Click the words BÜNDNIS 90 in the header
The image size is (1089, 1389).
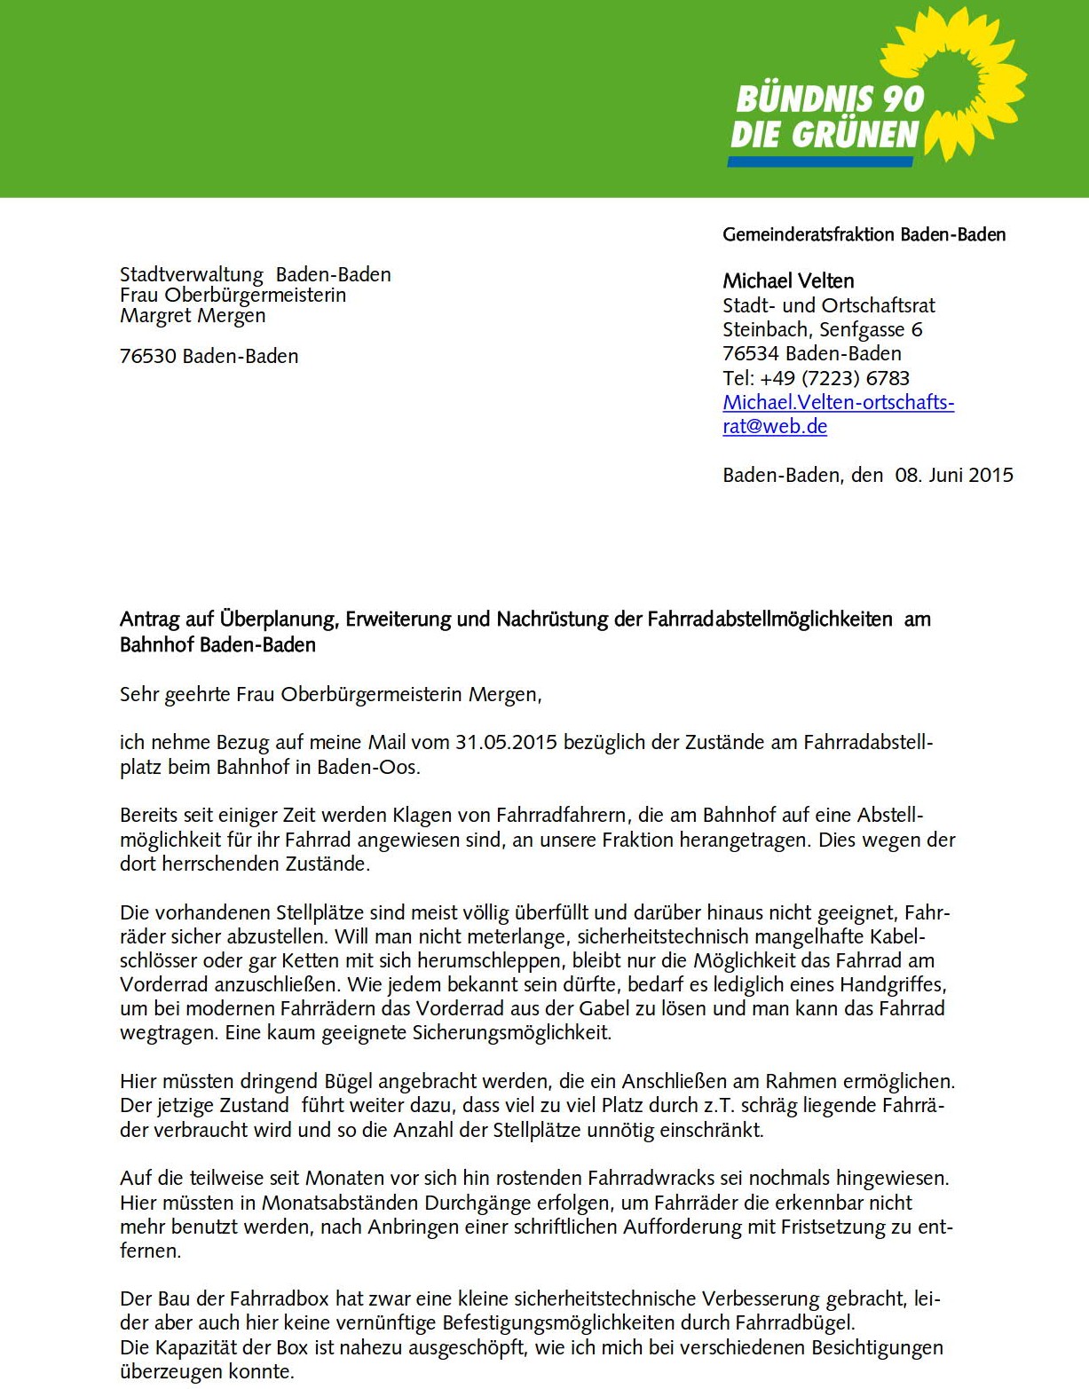coord(830,99)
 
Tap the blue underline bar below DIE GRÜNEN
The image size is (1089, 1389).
coord(820,162)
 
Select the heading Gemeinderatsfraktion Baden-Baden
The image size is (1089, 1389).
coord(864,235)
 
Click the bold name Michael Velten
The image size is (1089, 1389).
coord(788,281)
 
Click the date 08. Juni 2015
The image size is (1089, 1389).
coord(953,475)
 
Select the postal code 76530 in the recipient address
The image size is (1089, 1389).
coord(148,357)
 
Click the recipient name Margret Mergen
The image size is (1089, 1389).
coord(193,316)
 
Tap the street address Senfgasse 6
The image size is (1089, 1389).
coord(871,330)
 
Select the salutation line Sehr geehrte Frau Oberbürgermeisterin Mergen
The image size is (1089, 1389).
coord(330,694)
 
